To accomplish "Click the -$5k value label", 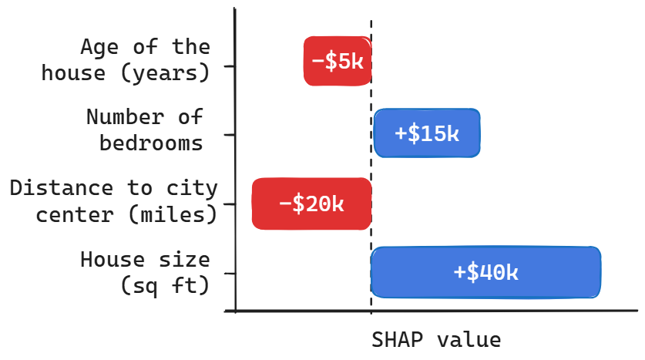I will point(338,61).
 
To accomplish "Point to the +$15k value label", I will point(426,133).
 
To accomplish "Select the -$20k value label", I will point(311,204).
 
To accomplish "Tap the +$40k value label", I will point(485,272).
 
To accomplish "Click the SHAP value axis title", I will point(436,340).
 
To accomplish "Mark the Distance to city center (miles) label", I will point(114,201).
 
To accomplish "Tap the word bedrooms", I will point(152,143).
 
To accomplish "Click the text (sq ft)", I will point(165,285).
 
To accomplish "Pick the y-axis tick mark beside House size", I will point(229,273).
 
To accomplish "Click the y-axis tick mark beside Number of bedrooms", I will point(229,135).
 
